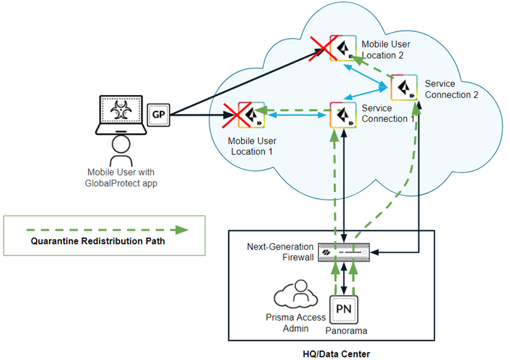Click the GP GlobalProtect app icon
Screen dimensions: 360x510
pyautogui.click(x=158, y=115)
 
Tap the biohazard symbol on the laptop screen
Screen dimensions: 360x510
pyautogui.click(x=120, y=110)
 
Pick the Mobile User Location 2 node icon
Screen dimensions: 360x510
pyautogui.click(x=341, y=47)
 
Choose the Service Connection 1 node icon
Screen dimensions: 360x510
pyautogui.click(x=343, y=114)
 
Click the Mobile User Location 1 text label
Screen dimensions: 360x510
pyautogui.click(x=252, y=146)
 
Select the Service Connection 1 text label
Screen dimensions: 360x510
pyautogui.click(x=388, y=114)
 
